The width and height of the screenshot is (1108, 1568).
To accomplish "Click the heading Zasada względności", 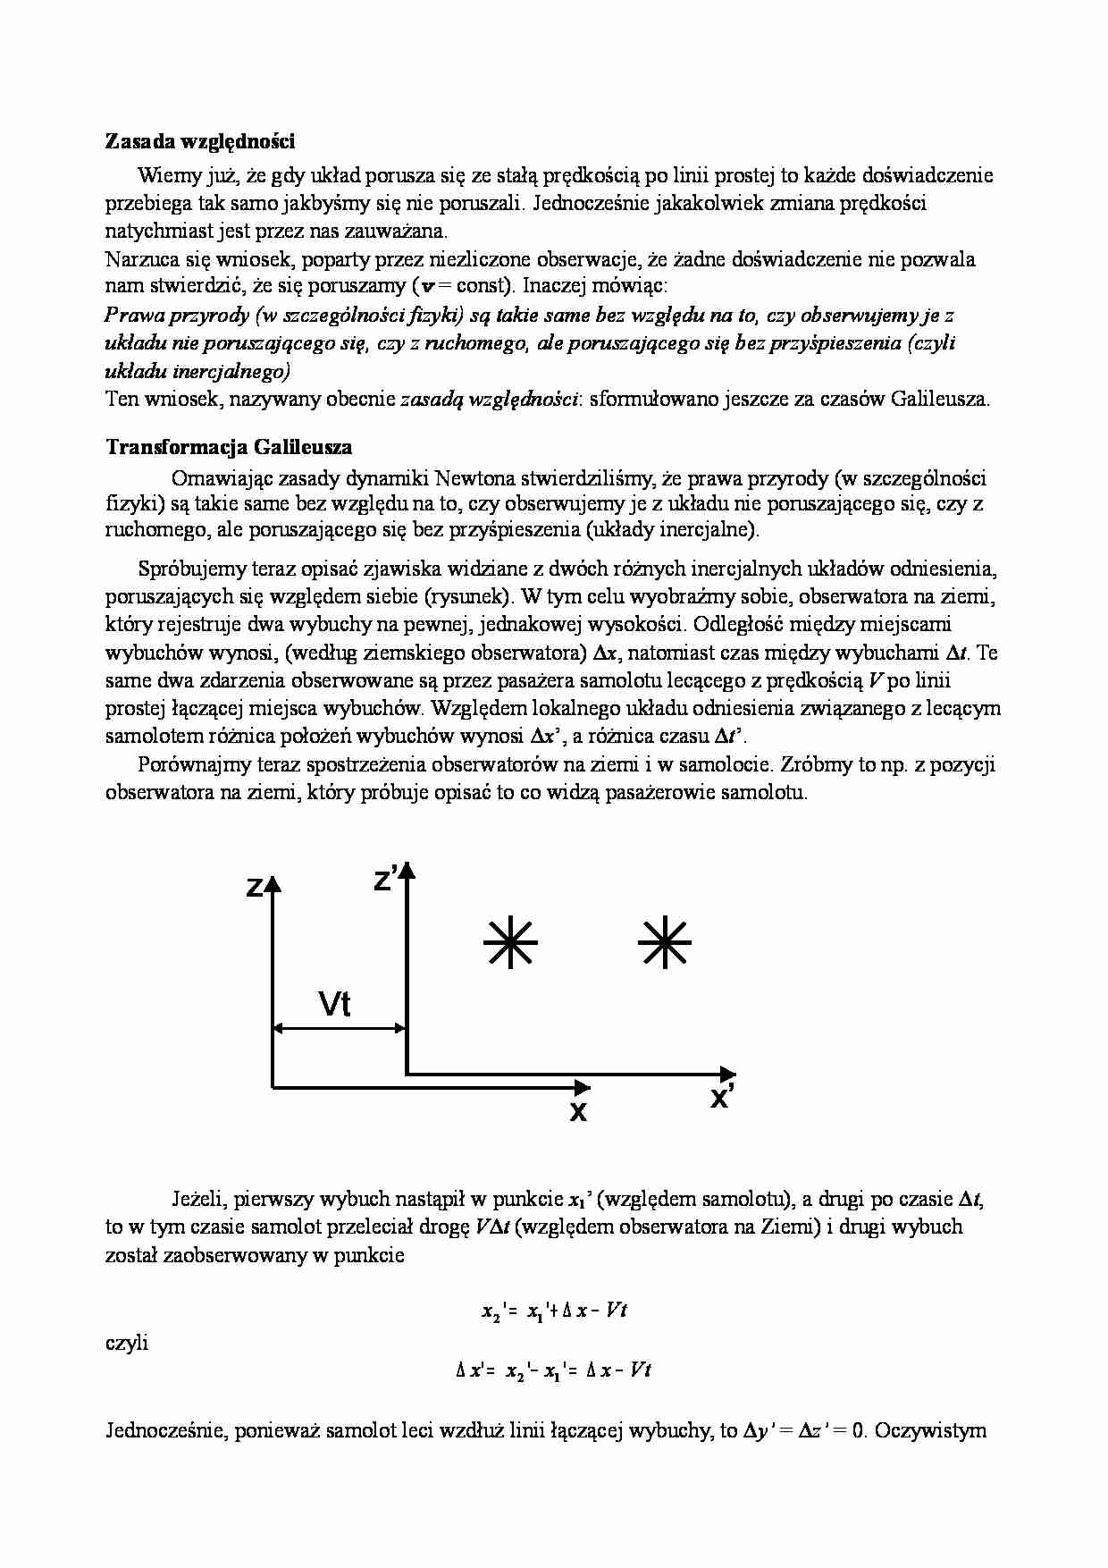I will [200, 141].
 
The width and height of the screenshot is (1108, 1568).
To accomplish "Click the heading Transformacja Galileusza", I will [229, 447].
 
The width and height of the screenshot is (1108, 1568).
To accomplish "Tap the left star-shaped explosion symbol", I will [510, 942].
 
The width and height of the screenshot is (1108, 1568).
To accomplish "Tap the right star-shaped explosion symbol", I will [666, 942].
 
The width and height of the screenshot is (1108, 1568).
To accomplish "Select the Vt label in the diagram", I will [335, 1004].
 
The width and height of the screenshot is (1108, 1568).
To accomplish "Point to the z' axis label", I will [386, 880].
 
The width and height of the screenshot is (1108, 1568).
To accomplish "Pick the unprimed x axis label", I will [578, 1112].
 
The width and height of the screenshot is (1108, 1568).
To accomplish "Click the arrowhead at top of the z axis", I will [273, 884].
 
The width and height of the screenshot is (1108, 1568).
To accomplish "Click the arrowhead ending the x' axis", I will [728, 1073].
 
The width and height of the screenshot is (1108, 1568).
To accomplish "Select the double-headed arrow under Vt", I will [340, 1029].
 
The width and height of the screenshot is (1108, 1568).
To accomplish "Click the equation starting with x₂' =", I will [554, 1311].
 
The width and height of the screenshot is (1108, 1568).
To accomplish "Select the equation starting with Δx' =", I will [554, 1370].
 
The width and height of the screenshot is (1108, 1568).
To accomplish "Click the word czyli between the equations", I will [127, 1342].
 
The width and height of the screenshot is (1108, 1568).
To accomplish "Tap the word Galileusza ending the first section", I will [940, 399].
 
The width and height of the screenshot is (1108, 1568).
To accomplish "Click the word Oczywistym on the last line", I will [930, 1430].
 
